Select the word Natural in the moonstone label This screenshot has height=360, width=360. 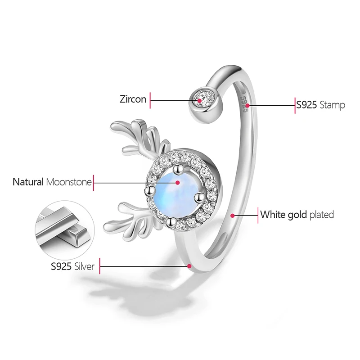coord(28,182)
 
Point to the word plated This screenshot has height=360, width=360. coord(322,215)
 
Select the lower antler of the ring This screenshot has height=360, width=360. coord(130,216)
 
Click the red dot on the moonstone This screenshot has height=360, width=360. coord(178,183)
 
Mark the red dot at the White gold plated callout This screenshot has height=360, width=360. coord(233,215)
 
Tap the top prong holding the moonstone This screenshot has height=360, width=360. coord(179,170)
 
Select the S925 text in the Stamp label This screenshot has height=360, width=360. coord(306,106)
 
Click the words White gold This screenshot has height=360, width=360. coord(283,215)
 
